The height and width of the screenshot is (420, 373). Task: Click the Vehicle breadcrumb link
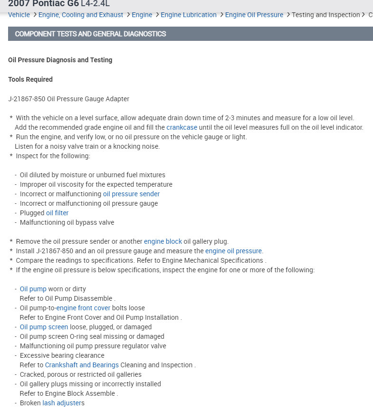tap(19, 15)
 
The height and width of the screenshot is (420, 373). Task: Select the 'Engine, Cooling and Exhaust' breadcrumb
tap(81, 15)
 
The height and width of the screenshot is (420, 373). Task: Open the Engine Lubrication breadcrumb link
tap(189, 15)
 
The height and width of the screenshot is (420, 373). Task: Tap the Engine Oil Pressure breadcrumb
tap(254, 15)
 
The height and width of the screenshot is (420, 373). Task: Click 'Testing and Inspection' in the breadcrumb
tap(326, 15)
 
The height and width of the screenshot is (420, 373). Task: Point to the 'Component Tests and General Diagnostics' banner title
tap(90, 34)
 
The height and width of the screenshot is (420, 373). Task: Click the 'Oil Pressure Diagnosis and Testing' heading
tap(60, 60)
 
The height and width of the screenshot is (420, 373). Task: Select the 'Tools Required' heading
tap(30, 79)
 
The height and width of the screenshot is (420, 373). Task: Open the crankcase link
tap(182, 127)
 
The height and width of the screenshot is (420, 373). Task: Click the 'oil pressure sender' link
tap(131, 194)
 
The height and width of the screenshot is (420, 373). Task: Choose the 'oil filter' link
tap(57, 213)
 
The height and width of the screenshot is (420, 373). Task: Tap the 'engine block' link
tap(163, 241)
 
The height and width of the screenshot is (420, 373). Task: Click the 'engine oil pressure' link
tap(234, 251)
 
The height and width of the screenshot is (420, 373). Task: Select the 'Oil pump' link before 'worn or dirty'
tap(33, 289)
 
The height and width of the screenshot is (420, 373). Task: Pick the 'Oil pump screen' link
tap(44, 327)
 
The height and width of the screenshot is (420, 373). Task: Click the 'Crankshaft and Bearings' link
tap(82, 365)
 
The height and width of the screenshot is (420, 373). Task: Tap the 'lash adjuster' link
tap(62, 403)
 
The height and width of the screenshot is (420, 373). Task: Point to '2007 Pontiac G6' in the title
tap(43, 4)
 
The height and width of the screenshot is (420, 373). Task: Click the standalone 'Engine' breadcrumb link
tap(142, 15)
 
